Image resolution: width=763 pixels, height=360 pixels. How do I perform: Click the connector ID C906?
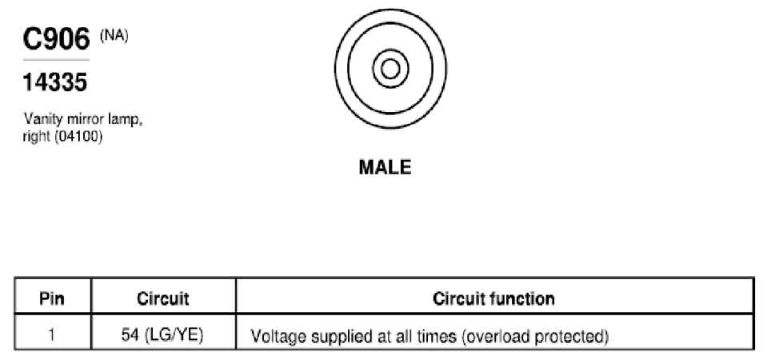coord(57,39)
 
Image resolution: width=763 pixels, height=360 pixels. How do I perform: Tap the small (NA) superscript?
coord(114,37)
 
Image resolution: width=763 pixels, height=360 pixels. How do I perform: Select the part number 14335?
coord(55,82)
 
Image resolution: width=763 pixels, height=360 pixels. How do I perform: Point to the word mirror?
coord(78,119)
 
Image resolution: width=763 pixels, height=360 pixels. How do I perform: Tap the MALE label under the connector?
coord(385,168)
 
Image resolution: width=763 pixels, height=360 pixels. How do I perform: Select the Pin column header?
coord(52,298)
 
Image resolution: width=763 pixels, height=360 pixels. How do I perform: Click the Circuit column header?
coord(163,298)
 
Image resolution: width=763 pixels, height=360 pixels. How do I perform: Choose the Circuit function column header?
coord(494,298)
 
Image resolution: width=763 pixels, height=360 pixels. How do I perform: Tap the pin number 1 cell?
coord(52,335)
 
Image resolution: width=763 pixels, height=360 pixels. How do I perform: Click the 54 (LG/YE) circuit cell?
coord(162,335)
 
